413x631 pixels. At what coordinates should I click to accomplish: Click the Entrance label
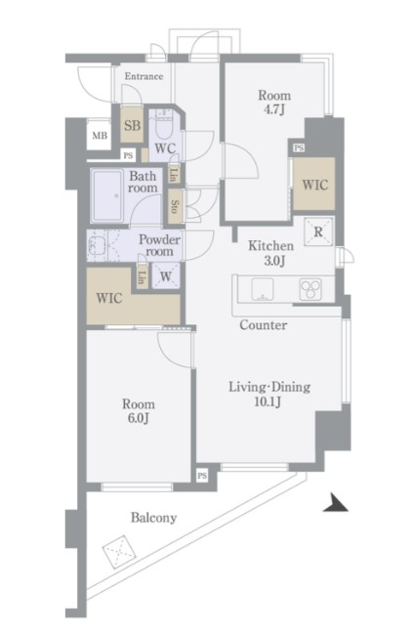[x=144, y=76]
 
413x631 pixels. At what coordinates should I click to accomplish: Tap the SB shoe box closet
[x=132, y=125]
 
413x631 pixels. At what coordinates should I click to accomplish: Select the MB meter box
[x=100, y=136]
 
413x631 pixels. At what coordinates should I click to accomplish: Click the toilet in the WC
[x=164, y=125]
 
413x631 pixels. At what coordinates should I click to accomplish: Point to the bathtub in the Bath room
[x=107, y=196]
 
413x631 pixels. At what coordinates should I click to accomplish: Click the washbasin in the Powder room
[x=96, y=245]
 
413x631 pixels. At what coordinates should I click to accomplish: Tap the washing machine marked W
[x=166, y=276]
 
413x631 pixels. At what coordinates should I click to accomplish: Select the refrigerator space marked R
[x=318, y=231]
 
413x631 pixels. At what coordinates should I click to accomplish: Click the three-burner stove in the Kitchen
[x=310, y=289]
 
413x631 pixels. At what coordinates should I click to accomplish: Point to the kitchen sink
[x=263, y=289]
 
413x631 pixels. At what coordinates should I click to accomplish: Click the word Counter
[x=264, y=325]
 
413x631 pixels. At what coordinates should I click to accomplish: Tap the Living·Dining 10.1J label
[x=269, y=394]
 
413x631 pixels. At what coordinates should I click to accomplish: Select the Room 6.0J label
[x=139, y=411]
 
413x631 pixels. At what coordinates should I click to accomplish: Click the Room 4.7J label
[x=274, y=103]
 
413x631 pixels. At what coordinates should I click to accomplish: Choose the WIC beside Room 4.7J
[x=314, y=184]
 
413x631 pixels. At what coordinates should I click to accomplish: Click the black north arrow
[x=336, y=503]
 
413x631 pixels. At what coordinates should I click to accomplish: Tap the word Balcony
[x=154, y=518]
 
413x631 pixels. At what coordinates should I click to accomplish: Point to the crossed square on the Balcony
[x=119, y=551]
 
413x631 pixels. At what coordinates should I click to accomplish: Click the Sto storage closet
[x=175, y=206]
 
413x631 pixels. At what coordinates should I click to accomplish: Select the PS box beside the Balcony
[x=202, y=476]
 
